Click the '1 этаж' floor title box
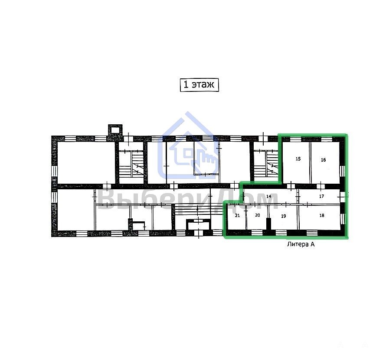point(199,85)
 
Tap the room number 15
point(298,159)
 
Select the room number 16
point(323,160)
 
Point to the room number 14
point(268,196)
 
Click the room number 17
point(321,196)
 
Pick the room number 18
point(322,215)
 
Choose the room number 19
point(284,216)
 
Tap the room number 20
point(258,215)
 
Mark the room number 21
point(237,215)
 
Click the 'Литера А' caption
point(301,244)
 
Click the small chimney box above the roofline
point(115,130)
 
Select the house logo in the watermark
point(188,146)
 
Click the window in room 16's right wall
point(343,171)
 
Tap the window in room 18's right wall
point(343,219)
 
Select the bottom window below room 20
point(257,232)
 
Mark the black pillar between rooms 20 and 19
point(268,224)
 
